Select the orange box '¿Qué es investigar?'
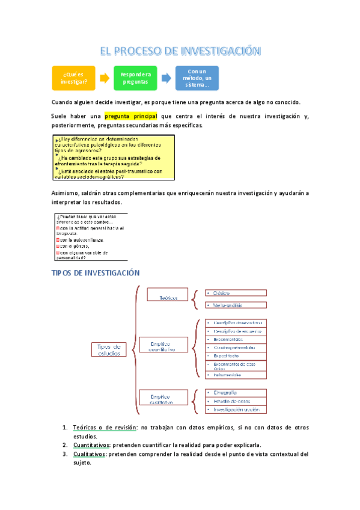pyautogui.click(x=73, y=78)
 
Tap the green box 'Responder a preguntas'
pyautogui.click(x=135, y=78)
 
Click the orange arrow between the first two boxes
pyautogui.click(x=104, y=78)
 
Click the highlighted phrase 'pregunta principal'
pyautogui.click(x=130, y=115)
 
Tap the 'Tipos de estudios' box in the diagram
pyautogui.click(x=109, y=349)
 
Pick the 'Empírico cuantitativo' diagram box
pyautogui.click(x=163, y=346)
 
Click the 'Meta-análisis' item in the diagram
pyautogui.click(x=225, y=305)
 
